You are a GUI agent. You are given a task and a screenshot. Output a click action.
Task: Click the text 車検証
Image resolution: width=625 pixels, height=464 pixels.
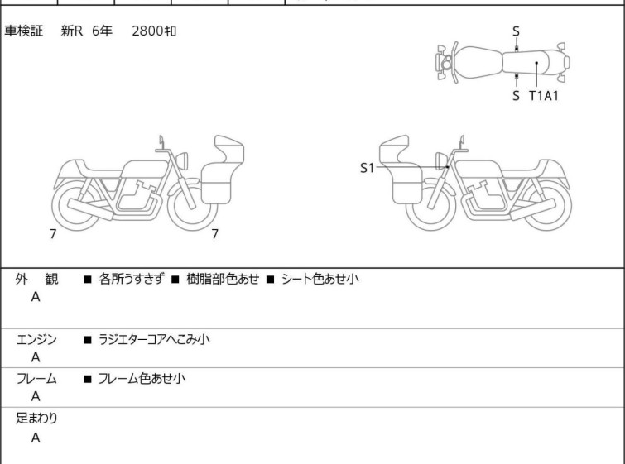pos(23,31)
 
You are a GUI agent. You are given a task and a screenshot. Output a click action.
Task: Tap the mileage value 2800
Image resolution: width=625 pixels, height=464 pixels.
pos(147,31)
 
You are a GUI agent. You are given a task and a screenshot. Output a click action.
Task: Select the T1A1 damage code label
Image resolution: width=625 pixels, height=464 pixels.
pos(544,96)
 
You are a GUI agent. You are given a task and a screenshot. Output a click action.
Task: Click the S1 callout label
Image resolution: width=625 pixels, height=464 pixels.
pos(367,168)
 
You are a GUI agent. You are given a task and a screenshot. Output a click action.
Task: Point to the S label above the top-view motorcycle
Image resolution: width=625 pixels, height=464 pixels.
pos(516,31)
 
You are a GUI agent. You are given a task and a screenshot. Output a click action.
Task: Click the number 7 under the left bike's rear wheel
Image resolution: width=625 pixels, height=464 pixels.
pos(53,234)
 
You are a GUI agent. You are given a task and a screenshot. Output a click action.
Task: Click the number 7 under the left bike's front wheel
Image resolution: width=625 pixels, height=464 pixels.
pos(215,234)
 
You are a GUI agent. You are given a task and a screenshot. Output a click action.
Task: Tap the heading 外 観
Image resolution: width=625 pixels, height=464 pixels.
pos(36,279)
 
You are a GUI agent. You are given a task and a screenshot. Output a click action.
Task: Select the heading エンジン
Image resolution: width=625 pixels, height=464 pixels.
pos(36,339)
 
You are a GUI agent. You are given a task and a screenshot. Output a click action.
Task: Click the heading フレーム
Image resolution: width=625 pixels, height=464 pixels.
pos(36,378)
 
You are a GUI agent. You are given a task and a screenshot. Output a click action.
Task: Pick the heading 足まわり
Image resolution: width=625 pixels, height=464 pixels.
pos(36,418)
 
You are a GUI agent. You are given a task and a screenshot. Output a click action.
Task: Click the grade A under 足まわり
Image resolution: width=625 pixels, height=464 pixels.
pos(36,438)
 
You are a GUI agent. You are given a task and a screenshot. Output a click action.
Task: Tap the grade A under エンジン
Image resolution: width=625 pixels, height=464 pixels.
pos(36,357)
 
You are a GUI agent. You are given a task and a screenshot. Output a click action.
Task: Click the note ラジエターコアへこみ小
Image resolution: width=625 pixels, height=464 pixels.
pos(154,339)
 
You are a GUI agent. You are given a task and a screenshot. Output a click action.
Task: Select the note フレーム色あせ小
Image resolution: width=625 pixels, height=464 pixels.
pos(142,378)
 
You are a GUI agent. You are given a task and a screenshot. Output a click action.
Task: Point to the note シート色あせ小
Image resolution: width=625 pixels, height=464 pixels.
pos(320,279)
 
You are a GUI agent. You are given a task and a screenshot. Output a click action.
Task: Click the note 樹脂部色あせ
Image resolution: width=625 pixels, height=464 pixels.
pos(223,279)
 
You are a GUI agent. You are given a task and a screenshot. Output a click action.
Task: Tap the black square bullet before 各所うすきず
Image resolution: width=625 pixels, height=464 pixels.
pos(88,280)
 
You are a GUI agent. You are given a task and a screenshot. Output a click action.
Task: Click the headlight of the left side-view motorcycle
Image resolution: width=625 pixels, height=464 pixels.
pos(182,160)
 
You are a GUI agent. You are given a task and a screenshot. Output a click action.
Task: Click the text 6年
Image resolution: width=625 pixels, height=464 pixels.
pos(102,31)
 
